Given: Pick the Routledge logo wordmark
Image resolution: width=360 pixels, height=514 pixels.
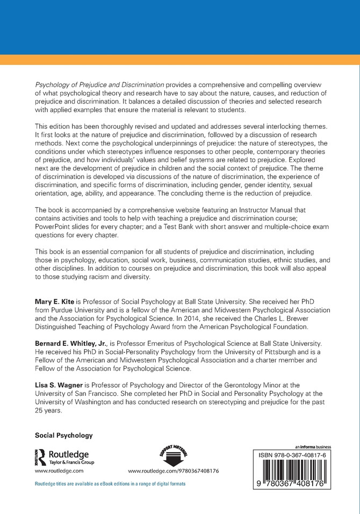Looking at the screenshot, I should pos(66,454).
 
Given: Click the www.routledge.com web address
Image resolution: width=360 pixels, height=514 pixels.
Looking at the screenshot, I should pos(59,470).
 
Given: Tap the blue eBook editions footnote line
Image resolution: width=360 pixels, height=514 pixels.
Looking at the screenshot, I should pos(110,484).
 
